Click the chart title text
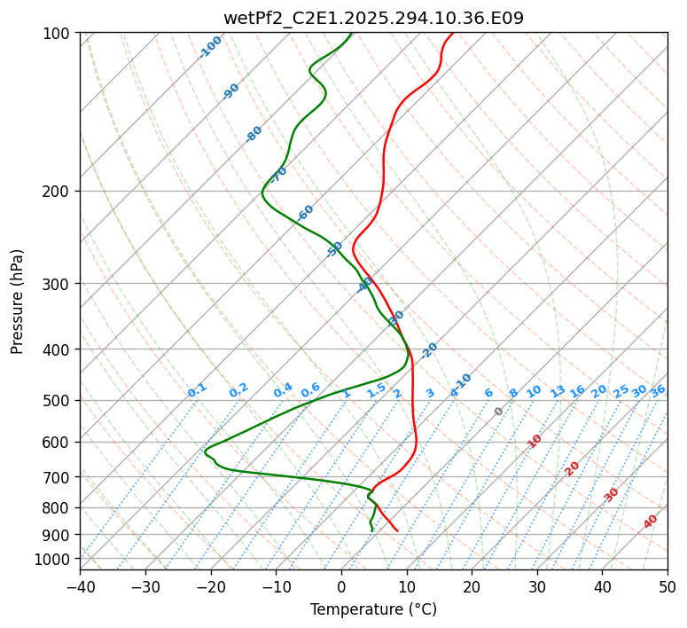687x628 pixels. coord(373,18)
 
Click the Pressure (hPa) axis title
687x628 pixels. coord(18,302)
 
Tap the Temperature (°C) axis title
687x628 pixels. coord(373,610)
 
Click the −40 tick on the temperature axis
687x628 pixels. coord(80,587)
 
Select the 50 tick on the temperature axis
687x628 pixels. coord(667,587)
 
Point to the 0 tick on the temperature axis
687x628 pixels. coord(341,587)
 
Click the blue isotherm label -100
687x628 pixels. coord(211,46)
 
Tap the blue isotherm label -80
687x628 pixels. coord(254,134)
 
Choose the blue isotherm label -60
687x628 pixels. coord(306,212)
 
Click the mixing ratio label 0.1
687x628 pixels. coord(197,389)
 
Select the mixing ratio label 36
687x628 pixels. coord(658,390)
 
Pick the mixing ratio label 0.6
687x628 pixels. coord(310,390)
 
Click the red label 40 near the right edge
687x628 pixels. coord(651,522)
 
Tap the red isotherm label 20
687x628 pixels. coord(573,467)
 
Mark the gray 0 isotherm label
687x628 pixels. coord(499,412)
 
